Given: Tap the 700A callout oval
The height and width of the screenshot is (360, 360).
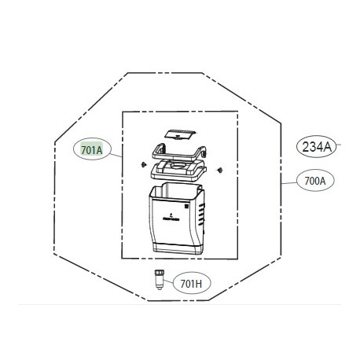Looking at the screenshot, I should click(x=314, y=182).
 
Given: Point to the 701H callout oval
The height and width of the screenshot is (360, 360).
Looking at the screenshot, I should click(x=191, y=283).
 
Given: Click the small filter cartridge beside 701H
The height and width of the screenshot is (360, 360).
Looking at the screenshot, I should click(x=160, y=278).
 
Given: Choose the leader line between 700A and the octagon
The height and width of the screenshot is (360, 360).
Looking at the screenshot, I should click(x=289, y=182).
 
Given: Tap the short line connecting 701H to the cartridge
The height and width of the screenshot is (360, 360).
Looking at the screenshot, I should click(x=169, y=281).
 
